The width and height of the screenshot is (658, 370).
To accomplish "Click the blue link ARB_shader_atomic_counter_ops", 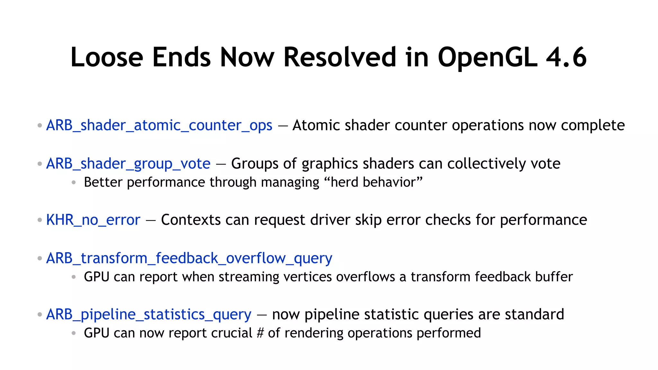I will click(x=159, y=125).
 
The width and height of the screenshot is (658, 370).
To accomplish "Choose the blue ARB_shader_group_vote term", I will click(x=128, y=164).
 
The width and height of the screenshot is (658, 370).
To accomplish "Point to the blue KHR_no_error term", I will click(x=93, y=220).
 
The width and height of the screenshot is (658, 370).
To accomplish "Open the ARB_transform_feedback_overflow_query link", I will click(x=189, y=258).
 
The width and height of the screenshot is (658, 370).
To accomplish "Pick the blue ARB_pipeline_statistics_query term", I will click(x=149, y=314).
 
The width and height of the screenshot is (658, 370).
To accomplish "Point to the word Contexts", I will click(x=191, y=220).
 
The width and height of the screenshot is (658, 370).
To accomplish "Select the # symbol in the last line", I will click(x=260, y=333).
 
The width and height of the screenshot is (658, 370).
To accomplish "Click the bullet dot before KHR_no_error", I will click(x=40, y=220).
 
